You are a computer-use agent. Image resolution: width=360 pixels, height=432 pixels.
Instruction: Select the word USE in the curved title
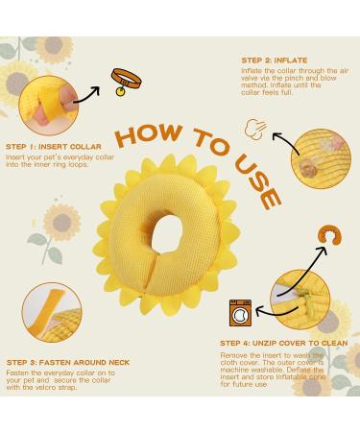pyautogui.click(x=265, y=183)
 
